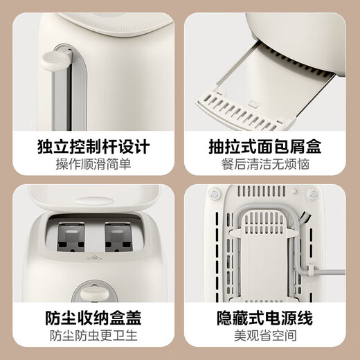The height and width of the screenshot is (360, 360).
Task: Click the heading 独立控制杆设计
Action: coord(92,147)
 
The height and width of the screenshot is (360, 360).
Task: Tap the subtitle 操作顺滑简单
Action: coord(92,165)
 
